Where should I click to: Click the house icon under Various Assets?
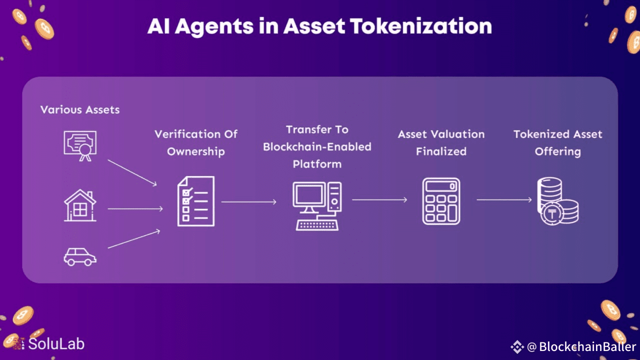coord(80,205)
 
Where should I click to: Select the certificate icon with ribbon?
coord(80,145)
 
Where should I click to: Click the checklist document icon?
coord(196,201)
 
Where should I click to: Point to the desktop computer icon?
coord(317,205)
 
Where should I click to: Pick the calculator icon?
coord(441,201)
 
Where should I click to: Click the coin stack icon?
coord(557,200)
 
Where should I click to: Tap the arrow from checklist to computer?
coord(249,201)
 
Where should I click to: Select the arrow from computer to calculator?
coord(379,199)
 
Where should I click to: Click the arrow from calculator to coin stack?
coord(504,200)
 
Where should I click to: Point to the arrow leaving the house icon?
coord(135,208)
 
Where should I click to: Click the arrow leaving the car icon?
coord(134,238)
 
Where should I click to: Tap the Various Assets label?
coord(80,109)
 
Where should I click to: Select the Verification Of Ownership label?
coord(196,142)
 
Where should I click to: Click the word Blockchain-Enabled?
coord(317,147)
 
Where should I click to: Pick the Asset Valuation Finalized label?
coord(441,142)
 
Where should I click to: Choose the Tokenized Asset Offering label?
coord(557,142)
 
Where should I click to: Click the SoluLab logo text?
coord(56,344)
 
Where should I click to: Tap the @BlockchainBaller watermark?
coord(580,346)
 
